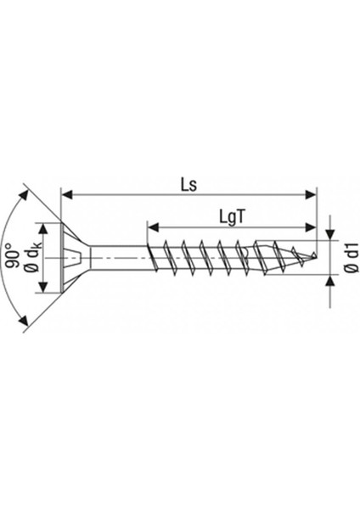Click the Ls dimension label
click(188, 183)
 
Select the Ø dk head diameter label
click(30, 257)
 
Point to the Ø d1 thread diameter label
click(348, 257)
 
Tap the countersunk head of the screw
click(72, 255)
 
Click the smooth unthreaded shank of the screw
click(119, 255)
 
